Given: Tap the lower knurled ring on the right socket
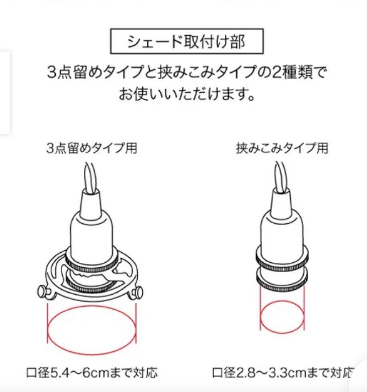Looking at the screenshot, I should pos(282,278).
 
